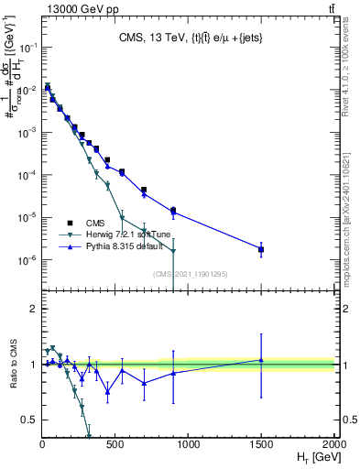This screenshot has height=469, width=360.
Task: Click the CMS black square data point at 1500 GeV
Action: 261,249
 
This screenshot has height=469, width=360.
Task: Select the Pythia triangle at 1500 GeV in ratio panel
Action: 261,360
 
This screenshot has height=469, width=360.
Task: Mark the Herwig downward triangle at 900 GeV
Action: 173,251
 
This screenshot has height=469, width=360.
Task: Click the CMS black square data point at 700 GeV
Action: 144,190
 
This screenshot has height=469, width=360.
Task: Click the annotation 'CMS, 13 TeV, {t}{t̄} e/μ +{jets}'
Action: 187,38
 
